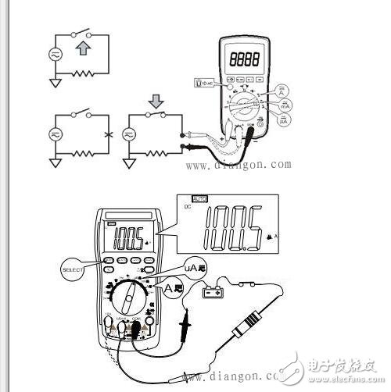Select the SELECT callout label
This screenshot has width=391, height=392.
[73, 269]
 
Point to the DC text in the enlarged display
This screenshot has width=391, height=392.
[188, 210]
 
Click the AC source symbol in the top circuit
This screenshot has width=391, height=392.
[57, 56]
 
